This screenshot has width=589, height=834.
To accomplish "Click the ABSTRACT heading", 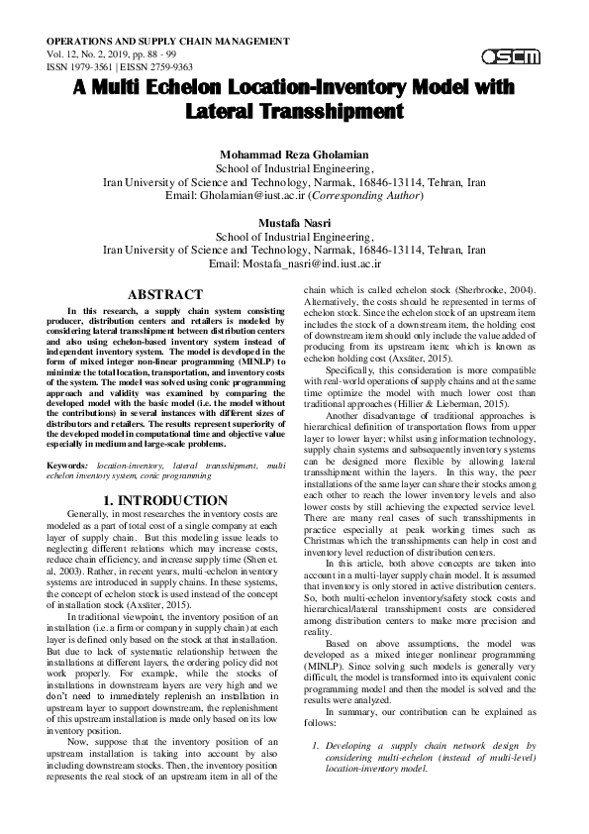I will coord(165,294).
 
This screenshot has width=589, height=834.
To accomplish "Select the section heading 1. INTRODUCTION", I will coord(165,500).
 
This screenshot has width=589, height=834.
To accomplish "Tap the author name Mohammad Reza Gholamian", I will coord(294,156).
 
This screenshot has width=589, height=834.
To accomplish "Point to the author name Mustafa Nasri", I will coord(294,224).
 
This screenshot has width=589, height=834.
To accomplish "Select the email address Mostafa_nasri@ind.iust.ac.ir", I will coord(314,264).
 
